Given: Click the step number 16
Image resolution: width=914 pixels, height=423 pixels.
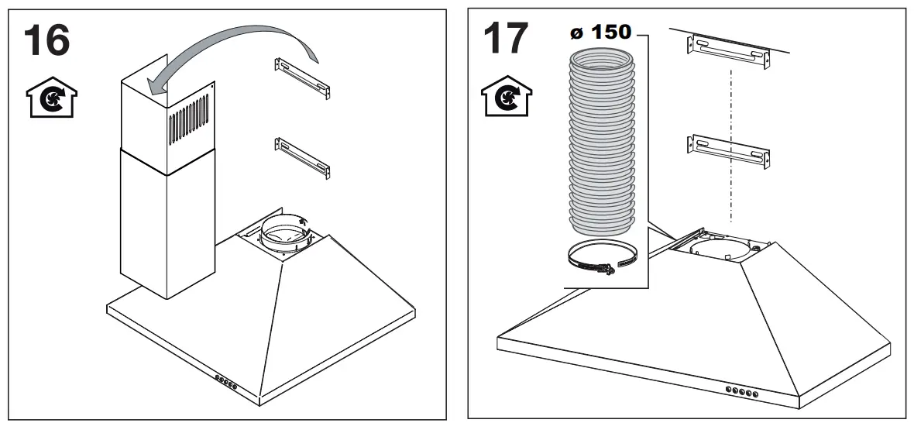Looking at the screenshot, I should click(x=46, y=40).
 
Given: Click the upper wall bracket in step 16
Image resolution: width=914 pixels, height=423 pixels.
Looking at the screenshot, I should click(x=302, y=77).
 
